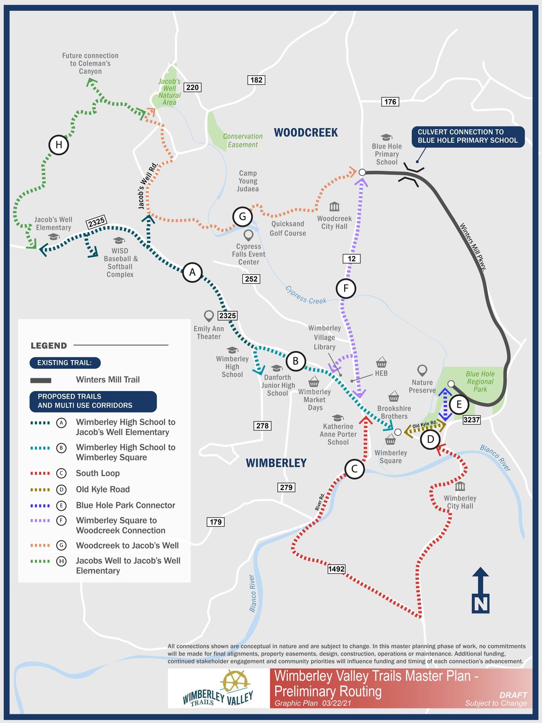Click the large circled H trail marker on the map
[59, 145]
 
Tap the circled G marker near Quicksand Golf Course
[242, 217]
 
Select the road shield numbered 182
[256, 80]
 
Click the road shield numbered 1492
[336, 569]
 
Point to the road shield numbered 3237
[472, 420]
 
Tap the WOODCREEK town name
[306, 133]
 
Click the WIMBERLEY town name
[276, 463]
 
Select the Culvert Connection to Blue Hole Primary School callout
[467, 136]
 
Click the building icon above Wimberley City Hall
[460, 487]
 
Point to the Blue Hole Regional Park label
[480, 381]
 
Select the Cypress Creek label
[306, 295]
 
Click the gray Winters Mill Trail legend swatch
[41, 380]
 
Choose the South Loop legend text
[98, 473]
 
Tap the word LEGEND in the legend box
[48, 346]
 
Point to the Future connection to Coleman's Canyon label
[90, 63]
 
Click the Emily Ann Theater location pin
[208, 316]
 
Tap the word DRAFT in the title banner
[513, 695]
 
